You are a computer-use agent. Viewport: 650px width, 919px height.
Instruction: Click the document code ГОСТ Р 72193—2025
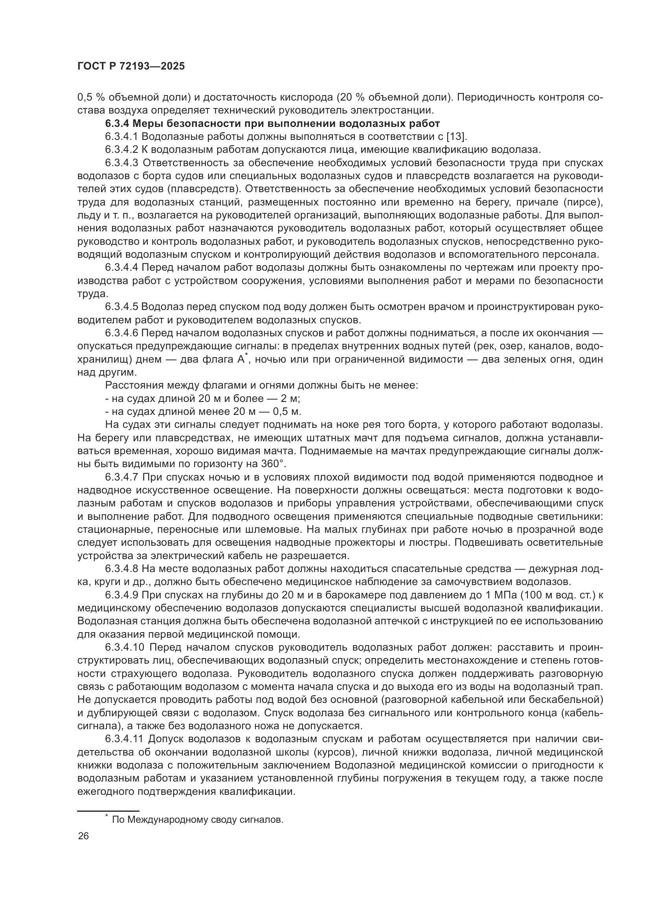coord(131,66)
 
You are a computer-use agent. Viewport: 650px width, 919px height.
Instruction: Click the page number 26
coord(83,836)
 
